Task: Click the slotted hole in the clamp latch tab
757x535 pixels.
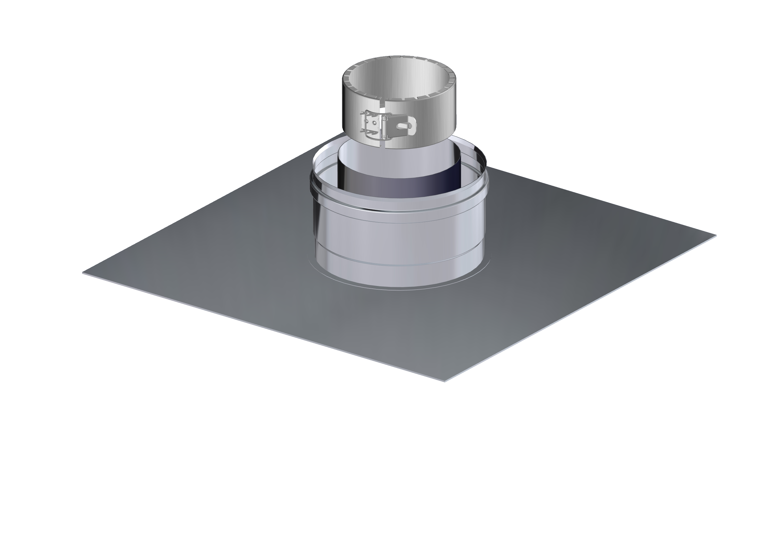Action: click(x=404, y=125)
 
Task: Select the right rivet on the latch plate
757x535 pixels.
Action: click(x=374, y=123)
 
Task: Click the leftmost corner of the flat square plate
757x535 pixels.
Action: click(x=83, y=272)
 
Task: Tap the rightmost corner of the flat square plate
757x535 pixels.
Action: click(x=716, y=235)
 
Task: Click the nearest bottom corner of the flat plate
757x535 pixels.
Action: click(x=445, y=381)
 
